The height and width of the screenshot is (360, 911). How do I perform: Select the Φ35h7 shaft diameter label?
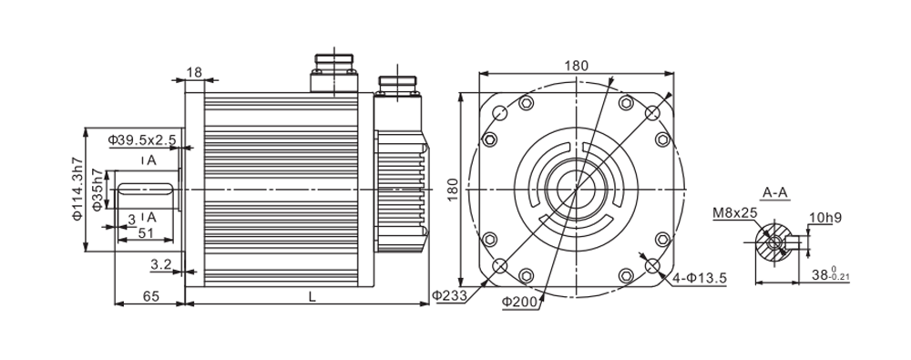tap(97, 190)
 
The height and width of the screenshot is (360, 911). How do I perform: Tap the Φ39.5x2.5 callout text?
tap(142, 139)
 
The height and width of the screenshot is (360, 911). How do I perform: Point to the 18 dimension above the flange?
tap(194, 72)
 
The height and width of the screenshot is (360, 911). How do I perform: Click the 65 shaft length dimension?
tap(151, 296)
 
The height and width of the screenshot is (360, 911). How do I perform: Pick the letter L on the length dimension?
tap(312, 296)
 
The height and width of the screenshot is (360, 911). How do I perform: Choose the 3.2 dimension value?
tap(161, 265)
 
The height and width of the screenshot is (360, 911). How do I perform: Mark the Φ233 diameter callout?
tap(450, 295)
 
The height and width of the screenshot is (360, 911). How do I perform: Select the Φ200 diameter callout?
tap(521, 302)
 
